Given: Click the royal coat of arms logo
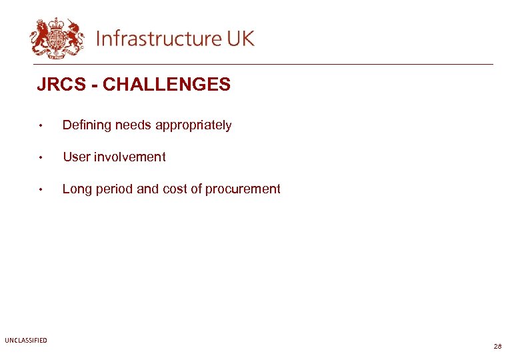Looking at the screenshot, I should point(57,37).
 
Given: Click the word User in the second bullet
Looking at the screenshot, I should point(76,157).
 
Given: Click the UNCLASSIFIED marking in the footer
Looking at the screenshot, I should point(26,341).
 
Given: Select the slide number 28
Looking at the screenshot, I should point(497,347).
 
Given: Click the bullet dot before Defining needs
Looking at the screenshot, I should point(41,126).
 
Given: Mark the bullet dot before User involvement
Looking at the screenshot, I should point(41,158).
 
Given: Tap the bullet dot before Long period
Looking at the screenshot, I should point(41,190).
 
